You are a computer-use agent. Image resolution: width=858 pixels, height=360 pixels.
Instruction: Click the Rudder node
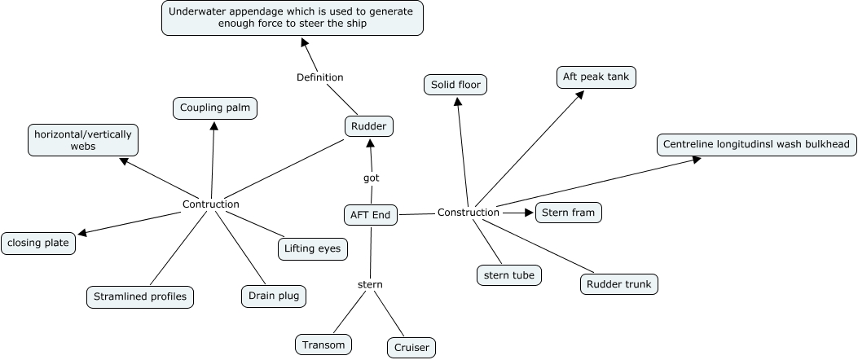370,126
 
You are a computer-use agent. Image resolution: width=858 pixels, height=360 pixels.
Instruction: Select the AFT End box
371,215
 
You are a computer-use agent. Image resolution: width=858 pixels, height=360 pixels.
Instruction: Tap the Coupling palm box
215,108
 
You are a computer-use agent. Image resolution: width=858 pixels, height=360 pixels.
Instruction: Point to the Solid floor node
455,85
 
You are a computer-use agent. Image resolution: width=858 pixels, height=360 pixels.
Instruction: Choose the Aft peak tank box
596,77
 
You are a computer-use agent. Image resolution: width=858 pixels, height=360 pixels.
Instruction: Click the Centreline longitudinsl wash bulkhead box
756,145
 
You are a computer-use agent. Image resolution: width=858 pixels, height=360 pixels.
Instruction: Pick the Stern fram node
569,213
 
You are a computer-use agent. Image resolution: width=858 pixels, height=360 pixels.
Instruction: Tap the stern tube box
509,275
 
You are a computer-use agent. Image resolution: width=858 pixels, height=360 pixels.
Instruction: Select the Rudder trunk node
619,284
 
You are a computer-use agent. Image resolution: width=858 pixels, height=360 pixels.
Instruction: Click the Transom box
324,345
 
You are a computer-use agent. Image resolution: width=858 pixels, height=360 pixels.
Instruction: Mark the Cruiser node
411,348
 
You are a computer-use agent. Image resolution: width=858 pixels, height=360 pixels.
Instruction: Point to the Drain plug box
273,296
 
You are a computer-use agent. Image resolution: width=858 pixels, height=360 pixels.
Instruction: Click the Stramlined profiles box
139,296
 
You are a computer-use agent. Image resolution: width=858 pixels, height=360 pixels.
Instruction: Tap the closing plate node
38,243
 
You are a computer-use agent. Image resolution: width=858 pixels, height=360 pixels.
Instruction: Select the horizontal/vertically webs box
82,139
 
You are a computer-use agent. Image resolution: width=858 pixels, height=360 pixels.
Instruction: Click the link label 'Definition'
319,77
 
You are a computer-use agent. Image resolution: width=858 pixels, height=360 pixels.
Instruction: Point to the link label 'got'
371,178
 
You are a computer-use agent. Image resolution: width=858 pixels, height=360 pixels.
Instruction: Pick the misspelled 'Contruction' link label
211,204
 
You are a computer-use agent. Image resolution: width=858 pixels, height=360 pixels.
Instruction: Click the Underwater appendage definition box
292,18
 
